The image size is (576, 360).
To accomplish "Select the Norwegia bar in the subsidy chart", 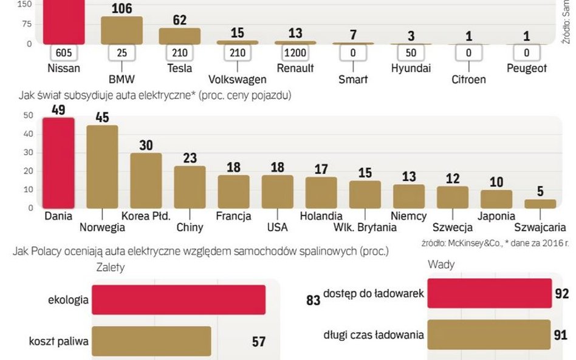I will click(102, 167).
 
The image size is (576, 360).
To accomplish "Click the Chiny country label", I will click(190, 228).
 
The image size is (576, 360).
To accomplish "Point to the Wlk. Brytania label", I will click(365, 228).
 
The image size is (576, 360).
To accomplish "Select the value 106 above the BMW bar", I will click(122, 8).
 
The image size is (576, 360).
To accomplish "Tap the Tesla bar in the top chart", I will click(180, 36).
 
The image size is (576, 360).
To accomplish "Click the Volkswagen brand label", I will click(237, 80).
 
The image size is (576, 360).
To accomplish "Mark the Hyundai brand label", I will click(411, 68).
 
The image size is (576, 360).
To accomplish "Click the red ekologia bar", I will click(179, 300).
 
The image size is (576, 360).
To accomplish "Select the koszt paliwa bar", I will click(151, 341).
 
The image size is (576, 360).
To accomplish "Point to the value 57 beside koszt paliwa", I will click(259, 342).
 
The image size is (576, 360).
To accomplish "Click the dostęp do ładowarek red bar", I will click(489, 294).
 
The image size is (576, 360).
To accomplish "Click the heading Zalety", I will click(111, 267).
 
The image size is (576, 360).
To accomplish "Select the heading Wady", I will click(441, 264).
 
